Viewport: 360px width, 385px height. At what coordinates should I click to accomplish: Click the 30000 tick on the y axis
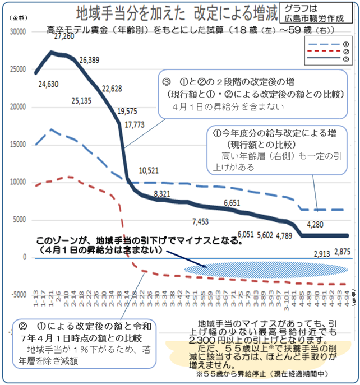19,33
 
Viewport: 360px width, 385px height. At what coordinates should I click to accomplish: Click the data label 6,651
233,203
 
